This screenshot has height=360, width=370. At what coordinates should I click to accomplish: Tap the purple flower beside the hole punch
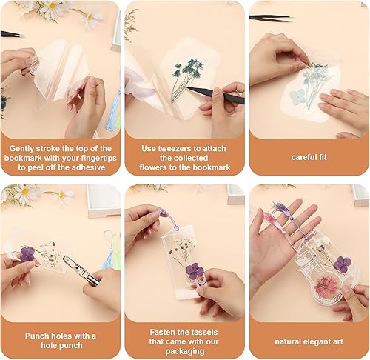(x=27, y=254)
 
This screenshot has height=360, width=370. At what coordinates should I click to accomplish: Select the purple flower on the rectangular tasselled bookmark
(x=195, y=270)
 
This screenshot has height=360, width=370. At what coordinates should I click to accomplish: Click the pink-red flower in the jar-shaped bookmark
(x=305, y=284)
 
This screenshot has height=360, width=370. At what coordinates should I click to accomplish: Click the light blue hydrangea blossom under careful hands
(x=298, y=97)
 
